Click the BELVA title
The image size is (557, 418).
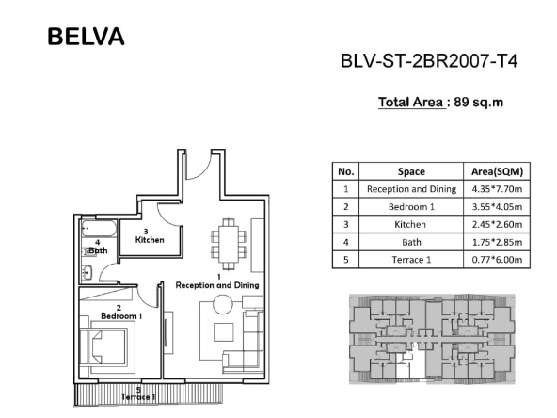tap(86, 37)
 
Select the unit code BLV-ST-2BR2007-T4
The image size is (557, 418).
tap(429, 61)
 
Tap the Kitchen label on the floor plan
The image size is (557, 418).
tap(150, 240)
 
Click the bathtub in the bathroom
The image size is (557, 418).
tap(99, 229)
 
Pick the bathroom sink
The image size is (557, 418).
tap(87, 273)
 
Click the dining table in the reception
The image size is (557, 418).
tap(229, 244)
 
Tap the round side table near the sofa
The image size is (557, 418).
tap(223, 304)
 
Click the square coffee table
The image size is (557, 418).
tap(223, 332)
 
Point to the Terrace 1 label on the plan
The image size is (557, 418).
tap(137, 396)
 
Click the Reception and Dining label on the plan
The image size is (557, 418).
tap(217, 285)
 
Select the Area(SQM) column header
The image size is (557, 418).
tap(497, 171)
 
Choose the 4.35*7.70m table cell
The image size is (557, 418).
tap(497, 188)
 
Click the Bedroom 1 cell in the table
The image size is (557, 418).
tap(411, 206)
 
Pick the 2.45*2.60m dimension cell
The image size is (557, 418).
tap(497, 224)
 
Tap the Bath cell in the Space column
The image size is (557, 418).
tap(411, 242)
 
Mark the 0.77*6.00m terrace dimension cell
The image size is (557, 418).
tap(497, 260)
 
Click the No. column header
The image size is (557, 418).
tap(346, 171)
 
